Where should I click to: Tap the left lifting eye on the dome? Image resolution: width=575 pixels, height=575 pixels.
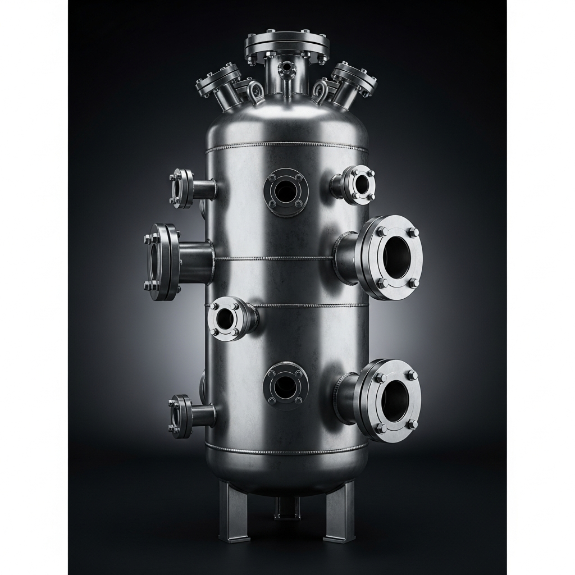(257, 90)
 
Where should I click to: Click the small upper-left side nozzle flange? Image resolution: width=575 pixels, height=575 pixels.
(181, 189)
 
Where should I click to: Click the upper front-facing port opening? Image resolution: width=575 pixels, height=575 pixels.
(286, 191)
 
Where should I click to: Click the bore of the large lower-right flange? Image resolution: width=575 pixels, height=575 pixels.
(396, 400)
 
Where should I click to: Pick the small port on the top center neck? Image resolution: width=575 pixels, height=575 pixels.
(287, 68)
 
